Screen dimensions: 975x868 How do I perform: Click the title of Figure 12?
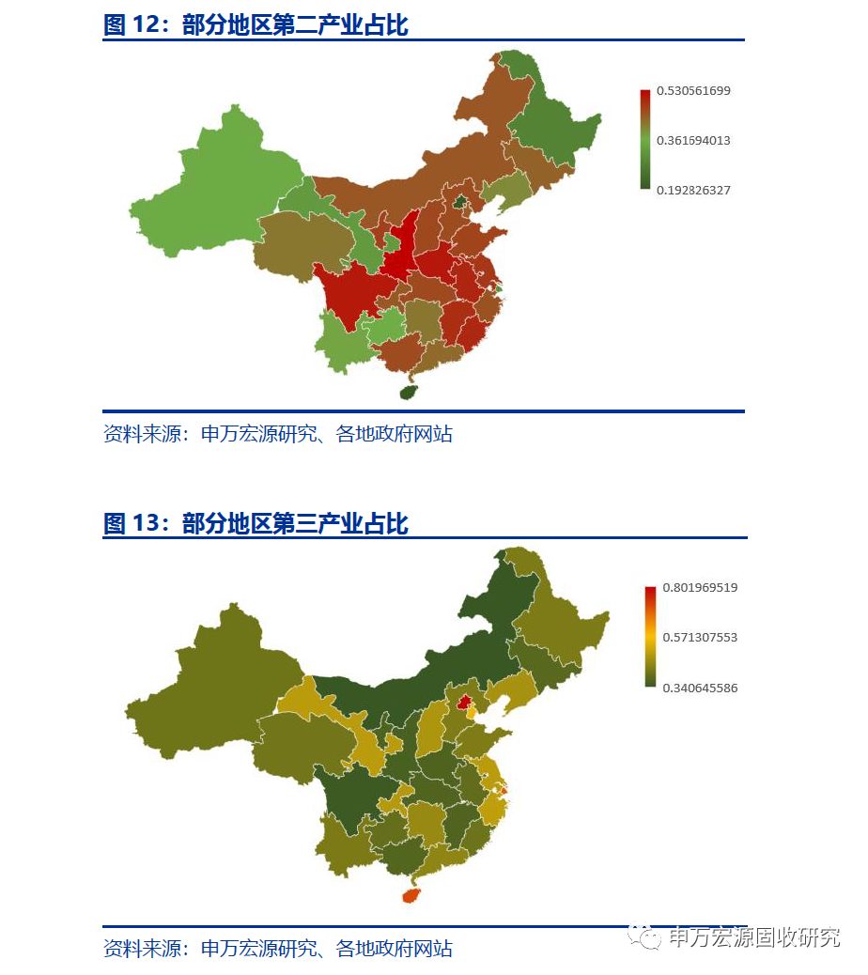click(x=256, y=25)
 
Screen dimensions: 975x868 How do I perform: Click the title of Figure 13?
click(x=256, y=523)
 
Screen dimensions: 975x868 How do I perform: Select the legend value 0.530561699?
click(x=693, y=91)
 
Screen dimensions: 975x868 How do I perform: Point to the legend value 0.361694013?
click(x=693, y=141)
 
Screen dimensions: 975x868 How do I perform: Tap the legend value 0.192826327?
click(x=693, y=191)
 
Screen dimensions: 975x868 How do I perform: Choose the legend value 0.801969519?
click(x=699, y=588)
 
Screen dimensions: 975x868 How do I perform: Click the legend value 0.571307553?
click(x=699, y=638)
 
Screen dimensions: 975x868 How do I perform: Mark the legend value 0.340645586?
click(x=699, y=689)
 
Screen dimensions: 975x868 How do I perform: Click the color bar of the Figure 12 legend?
click(x=644, y=140)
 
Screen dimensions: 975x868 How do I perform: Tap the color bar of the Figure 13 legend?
click(x=650, y=637)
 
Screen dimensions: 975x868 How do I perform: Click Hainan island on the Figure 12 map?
click(x=409, y=391)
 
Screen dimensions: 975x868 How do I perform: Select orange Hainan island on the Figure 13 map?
click(x=411, y=895)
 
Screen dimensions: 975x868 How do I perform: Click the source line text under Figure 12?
click(x=277, y=434)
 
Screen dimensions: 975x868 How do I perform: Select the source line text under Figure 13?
click(x=277, y=949)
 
